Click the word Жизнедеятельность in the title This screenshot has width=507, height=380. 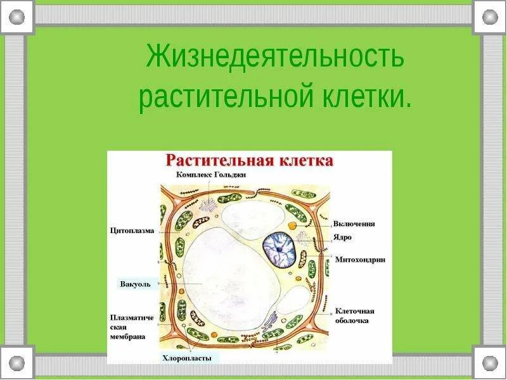point(274,56)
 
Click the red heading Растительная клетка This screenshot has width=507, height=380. point(249,160)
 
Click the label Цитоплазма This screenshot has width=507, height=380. point(132,231)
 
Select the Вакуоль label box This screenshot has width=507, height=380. point(135,284)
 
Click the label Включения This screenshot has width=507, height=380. point(354,224)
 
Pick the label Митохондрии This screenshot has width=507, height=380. point(360,260)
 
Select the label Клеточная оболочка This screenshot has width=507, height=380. point(354,315)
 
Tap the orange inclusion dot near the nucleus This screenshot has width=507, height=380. point(291,225)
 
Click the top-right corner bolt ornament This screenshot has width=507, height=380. point(490,16)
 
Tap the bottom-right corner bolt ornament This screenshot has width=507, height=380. point(490,363)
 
